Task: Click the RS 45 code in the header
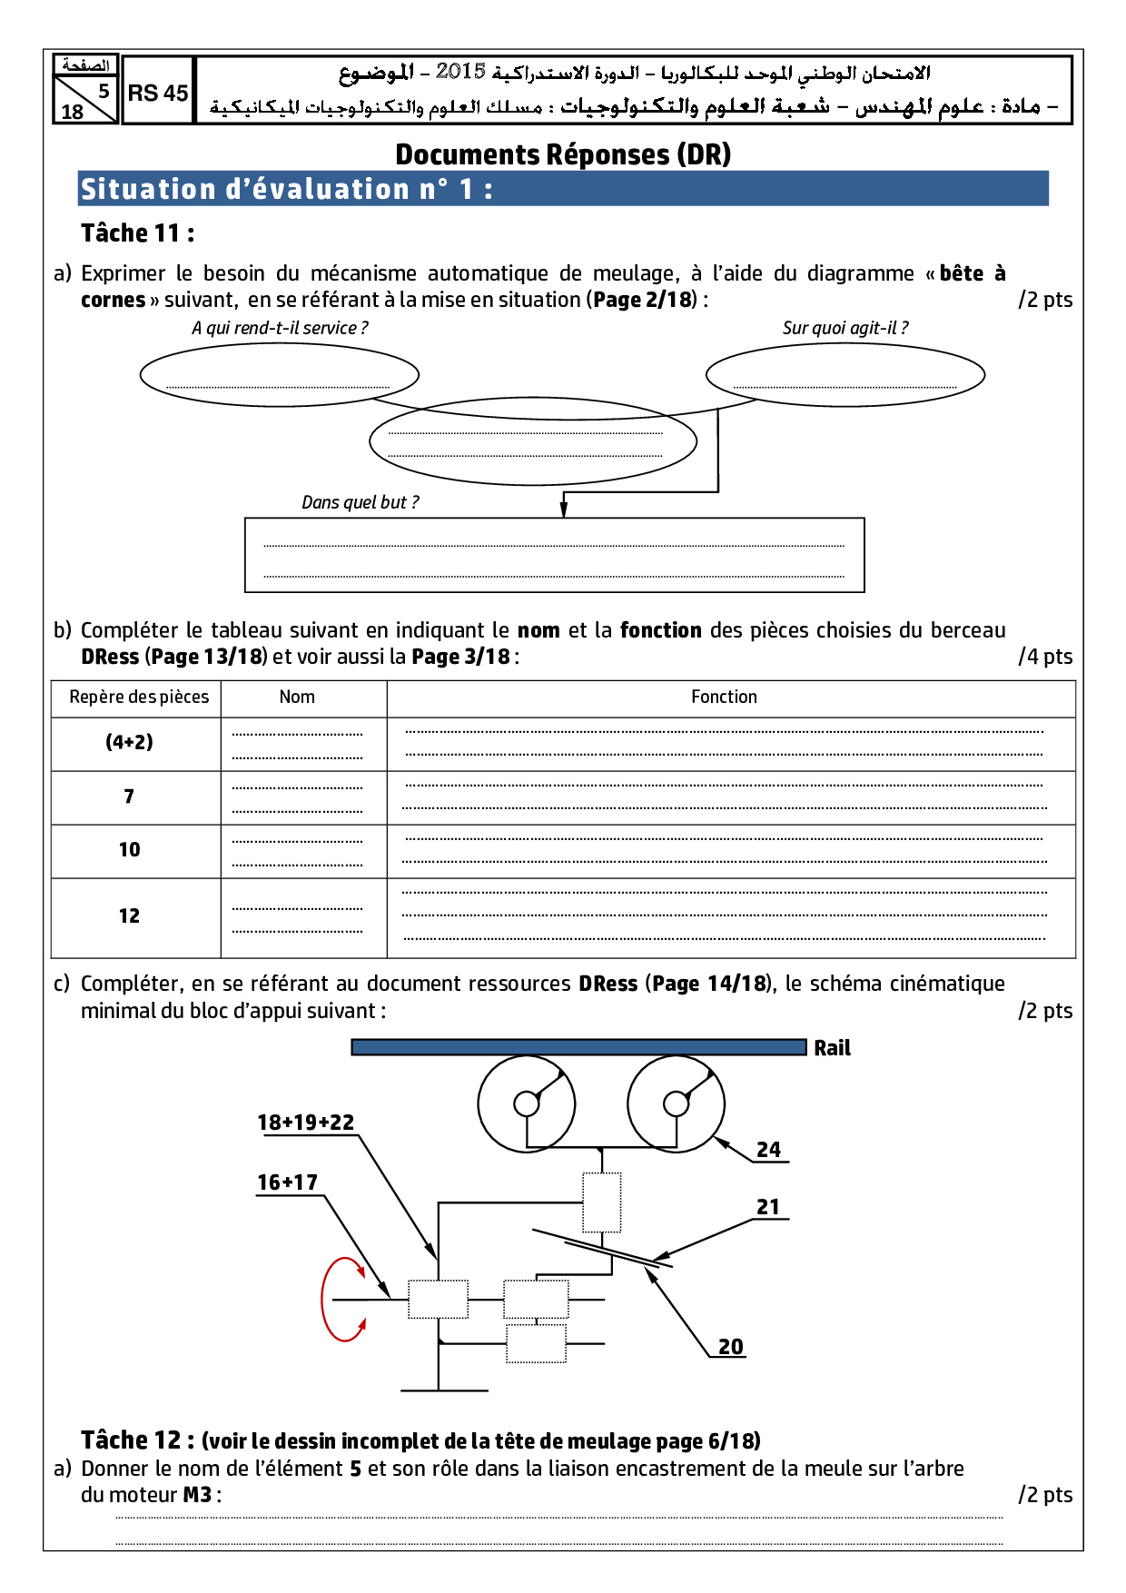point(158,93)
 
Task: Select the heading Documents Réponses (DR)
point(563,154)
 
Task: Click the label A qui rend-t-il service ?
point(280,328)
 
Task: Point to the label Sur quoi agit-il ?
point(844,328)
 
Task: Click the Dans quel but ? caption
point(360,502)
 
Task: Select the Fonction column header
point(724,697)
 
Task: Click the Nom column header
point(297,697)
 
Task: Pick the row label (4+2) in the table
point(130,742)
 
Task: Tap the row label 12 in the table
point(130,915)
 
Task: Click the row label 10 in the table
point(130,849)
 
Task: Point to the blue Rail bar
point(578,1047)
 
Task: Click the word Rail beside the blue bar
point(832,1048)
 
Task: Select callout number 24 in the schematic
point(768,1150)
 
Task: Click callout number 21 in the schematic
point(768,1207)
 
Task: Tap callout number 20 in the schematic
point(730,1347)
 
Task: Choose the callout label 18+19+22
point(305,1123)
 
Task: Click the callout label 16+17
point(287,1182)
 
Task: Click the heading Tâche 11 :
point(137,233)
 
